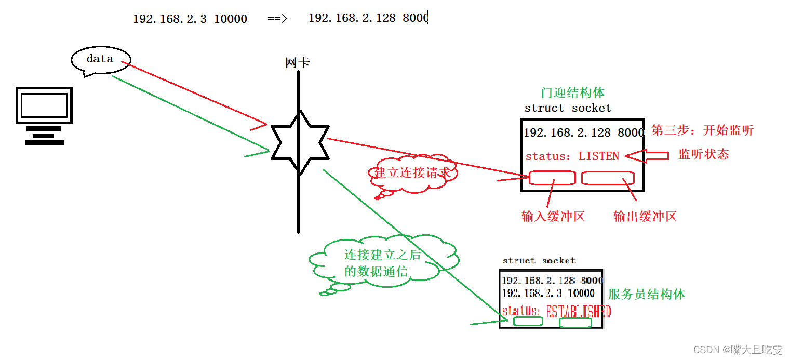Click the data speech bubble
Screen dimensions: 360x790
pyautogui.click(x=100, y=60)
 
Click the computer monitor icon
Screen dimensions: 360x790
pyautogui.click(x=44, y=115)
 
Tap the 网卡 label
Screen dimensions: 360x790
pyautogui.click(x=298, y=63)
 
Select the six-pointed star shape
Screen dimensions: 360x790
pyautogui.click(x=300, y=142)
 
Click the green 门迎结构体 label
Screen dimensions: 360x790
pyautogui.click(x=572, y=93)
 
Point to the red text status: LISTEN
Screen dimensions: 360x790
pyautogui.click(x=572, y=156)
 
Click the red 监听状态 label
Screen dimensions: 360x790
pyautogui.click(x=704, y=154)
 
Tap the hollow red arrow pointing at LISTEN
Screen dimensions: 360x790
pyautogui.click(x=647, y=155)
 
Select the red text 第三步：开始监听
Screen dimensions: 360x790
pyautogui.click(x=702, y=130)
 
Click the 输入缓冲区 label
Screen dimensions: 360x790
pyautogui.click(x=553, y=217)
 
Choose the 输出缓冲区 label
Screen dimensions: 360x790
pyautogui.click(x=645, y=217)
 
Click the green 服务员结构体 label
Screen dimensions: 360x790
pyautogui.click(x=646, y=295)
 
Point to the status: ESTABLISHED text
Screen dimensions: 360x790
pyautogui.click(x=556, y=311)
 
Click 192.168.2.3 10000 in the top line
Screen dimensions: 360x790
pyautogui.click(x=190, y=19)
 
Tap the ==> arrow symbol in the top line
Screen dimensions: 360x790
pyautogui.click(x=277, y=19)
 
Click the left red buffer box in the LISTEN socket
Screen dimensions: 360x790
pyautogui.click(x=552, y=178)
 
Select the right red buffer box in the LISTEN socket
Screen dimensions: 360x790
pyautogui.click(x=608, y=178)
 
